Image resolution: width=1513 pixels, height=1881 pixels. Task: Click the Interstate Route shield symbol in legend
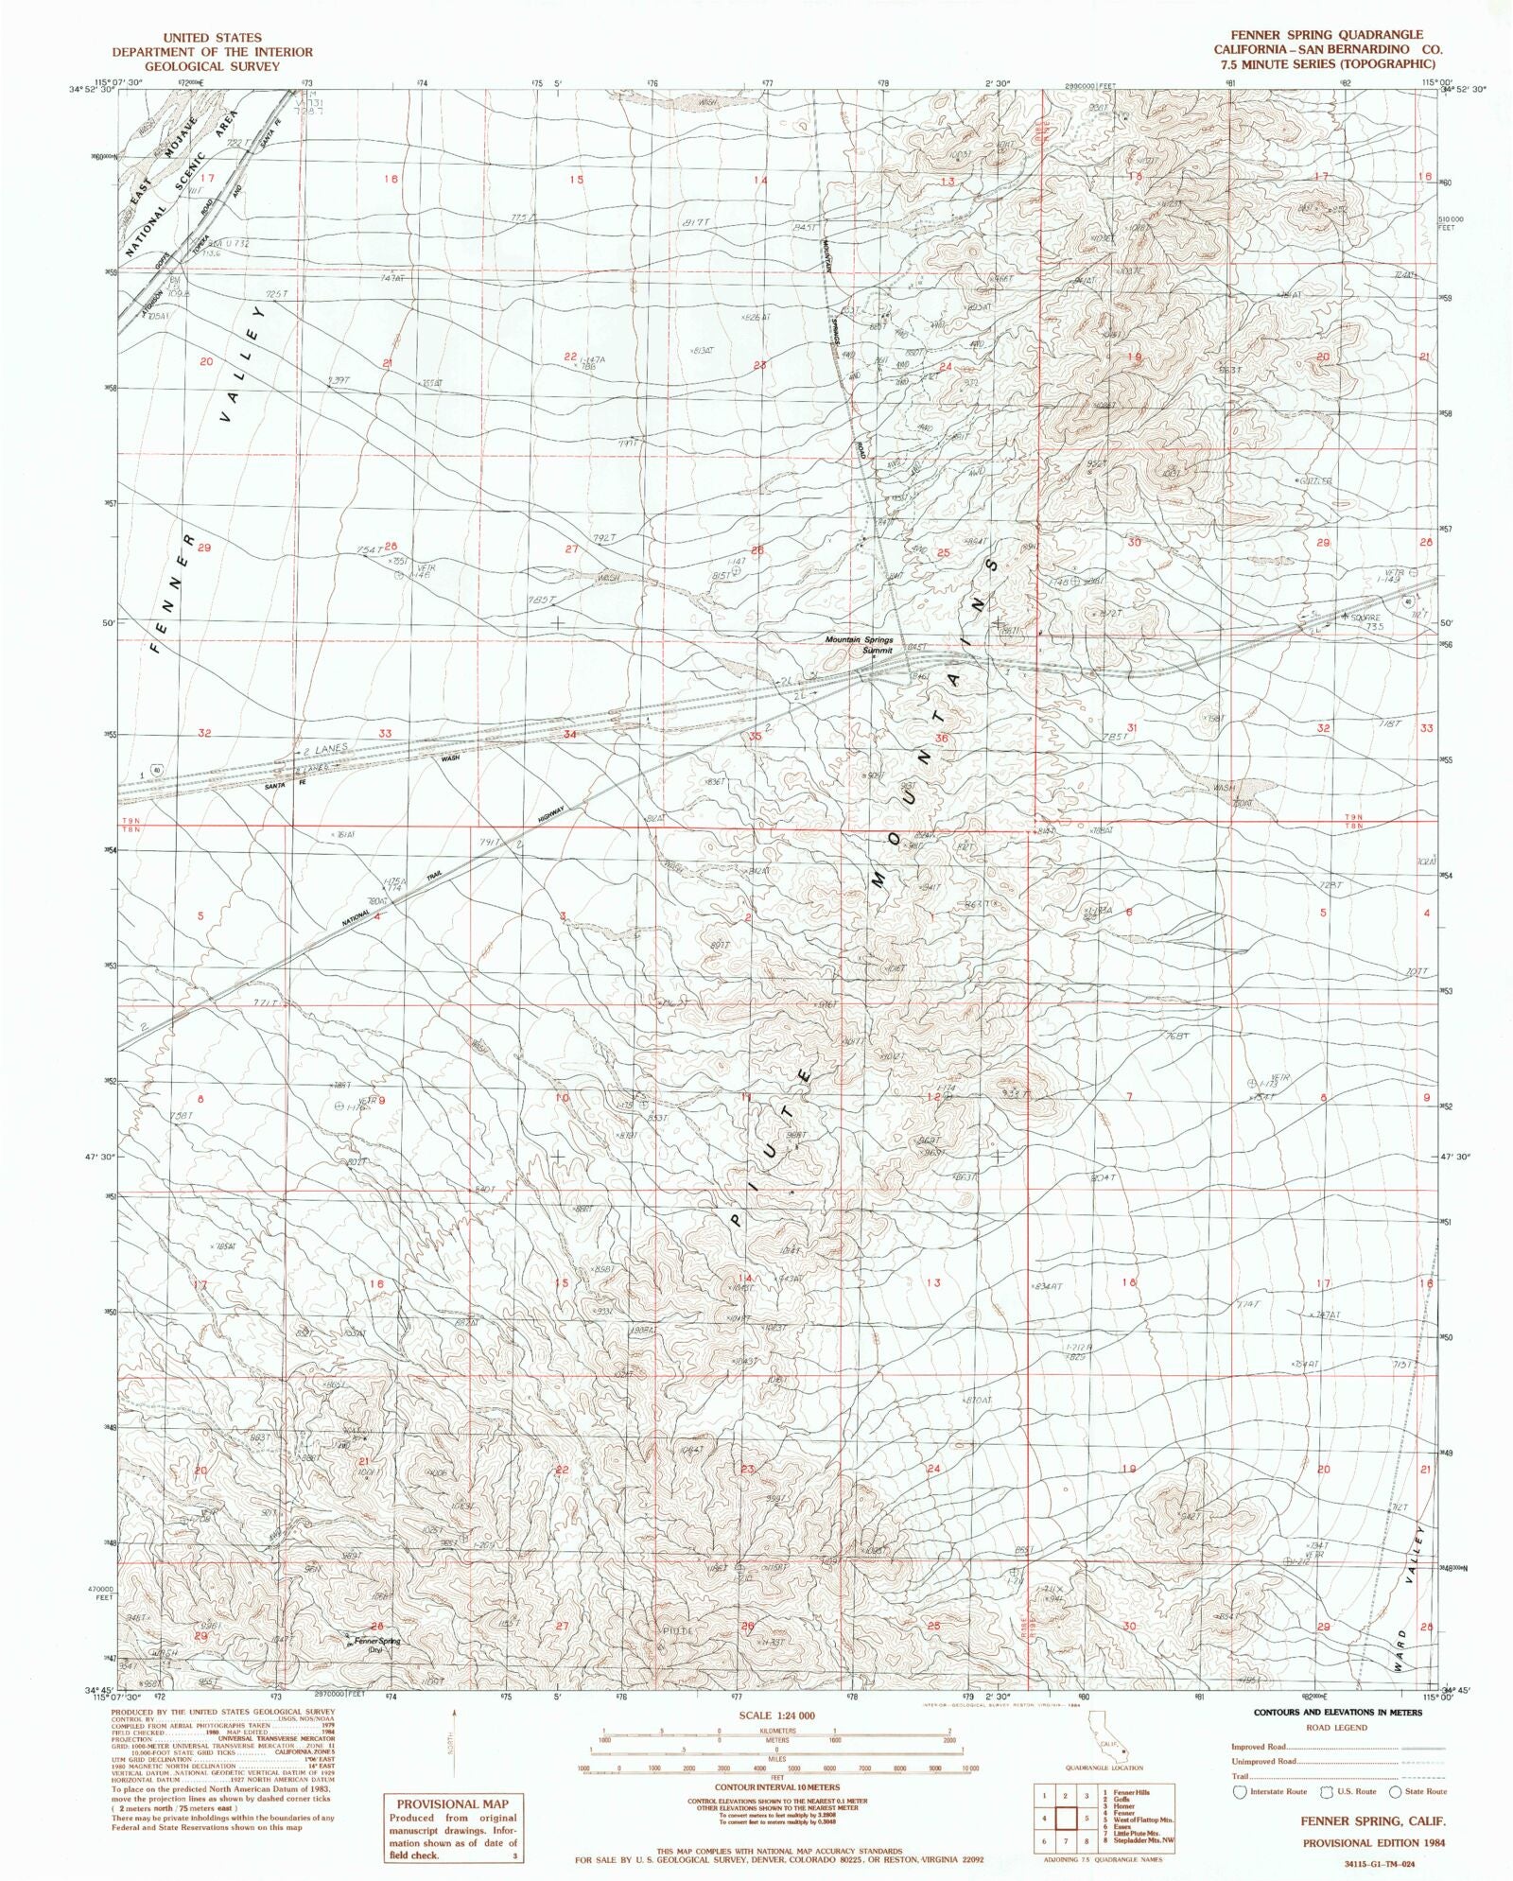coord(1241,1792)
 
